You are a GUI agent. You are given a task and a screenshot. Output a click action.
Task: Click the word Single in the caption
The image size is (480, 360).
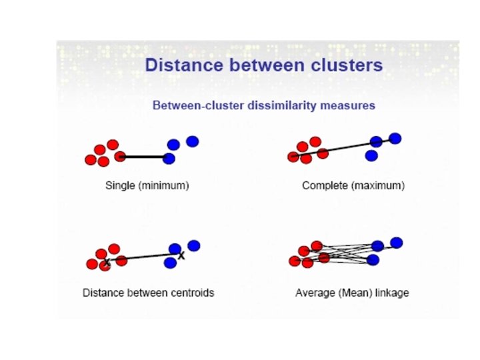(120, 185)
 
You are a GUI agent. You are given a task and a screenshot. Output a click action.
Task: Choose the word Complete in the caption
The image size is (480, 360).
(325, 185)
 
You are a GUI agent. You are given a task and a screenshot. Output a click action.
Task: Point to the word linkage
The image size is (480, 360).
(390, 293)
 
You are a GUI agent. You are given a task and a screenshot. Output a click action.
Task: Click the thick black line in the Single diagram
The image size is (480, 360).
(144, 157)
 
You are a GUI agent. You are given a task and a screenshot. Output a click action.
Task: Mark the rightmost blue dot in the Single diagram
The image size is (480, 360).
(193, 141)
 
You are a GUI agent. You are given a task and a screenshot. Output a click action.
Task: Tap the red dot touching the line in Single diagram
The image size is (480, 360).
(120, 157)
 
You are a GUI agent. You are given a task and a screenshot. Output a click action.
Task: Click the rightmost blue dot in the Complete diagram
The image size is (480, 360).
(395, 139)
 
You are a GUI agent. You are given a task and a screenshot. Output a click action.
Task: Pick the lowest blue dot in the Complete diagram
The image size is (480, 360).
(372, 155)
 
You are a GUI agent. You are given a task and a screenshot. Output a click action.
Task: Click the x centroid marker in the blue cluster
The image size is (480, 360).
(181, 255)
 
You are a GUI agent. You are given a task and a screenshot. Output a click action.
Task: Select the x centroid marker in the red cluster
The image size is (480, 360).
(107, 263)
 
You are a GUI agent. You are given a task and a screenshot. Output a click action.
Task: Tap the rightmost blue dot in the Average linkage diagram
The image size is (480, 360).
(397, 242)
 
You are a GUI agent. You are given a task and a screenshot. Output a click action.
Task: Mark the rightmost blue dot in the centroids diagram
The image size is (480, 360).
(194, 245)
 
